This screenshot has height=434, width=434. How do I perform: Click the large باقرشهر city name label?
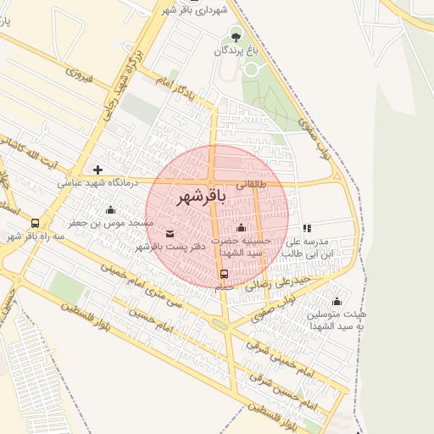[202, 198]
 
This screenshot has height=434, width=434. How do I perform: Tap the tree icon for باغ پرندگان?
[236, 36]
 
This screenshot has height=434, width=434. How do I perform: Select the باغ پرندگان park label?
[233, 51]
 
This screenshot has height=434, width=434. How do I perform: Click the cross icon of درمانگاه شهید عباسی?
[98, 170]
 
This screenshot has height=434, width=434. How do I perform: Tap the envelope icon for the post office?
[170, 233]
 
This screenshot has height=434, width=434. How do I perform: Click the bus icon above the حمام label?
[225, 274]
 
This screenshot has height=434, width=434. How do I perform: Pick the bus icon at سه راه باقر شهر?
[35, 223]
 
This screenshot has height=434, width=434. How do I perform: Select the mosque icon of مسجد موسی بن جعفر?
[109, 210]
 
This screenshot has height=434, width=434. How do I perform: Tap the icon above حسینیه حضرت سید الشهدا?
[241, 227]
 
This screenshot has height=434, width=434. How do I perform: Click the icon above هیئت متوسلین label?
[337, 302]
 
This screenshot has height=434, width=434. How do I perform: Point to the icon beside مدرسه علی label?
[307, 228]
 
